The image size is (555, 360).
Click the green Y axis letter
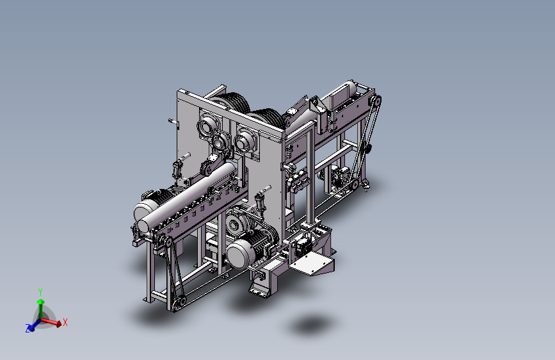point(40,292)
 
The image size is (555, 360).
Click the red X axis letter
point(65,322)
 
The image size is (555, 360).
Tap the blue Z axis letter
point(28,328)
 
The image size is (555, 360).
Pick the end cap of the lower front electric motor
point(239,253)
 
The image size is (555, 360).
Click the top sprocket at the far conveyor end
point(375,101)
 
